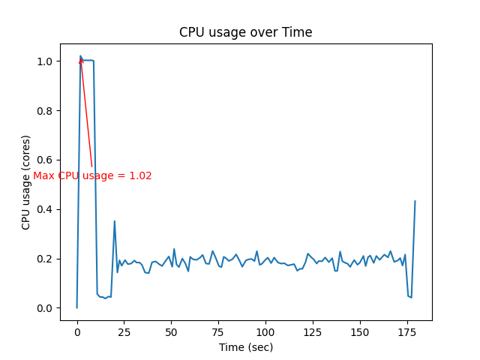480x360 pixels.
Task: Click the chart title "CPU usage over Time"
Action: coord(245,32)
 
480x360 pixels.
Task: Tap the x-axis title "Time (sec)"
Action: coord(245,347)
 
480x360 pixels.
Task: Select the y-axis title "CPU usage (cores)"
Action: coord(26,182)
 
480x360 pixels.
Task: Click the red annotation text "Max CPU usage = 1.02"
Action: coord(92,175)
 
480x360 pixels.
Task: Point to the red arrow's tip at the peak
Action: coord(80,58)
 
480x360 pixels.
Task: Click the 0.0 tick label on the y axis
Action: coord(46,308)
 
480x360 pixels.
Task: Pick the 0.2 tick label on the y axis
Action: coord(46,259)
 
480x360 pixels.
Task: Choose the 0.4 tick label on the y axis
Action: coord(46,209)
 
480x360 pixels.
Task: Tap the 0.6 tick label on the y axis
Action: coord(46,160)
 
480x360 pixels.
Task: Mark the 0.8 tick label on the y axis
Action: coord(46,111)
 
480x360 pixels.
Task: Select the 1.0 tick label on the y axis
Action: coord(46,61)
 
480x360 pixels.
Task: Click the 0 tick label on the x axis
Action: coord(76,332)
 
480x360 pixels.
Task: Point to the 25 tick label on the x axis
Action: coord(124,332)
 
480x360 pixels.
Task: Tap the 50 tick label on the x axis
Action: coord(171,332)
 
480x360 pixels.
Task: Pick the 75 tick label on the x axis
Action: coord(218,332)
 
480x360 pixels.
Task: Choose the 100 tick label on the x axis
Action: coord(265,332)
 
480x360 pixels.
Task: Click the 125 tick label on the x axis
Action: coord(313,332)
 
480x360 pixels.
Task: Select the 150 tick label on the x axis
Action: coord(359,332)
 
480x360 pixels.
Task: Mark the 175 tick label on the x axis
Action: coord(406,332)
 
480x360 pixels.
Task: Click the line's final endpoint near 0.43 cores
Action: coord(415,201)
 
